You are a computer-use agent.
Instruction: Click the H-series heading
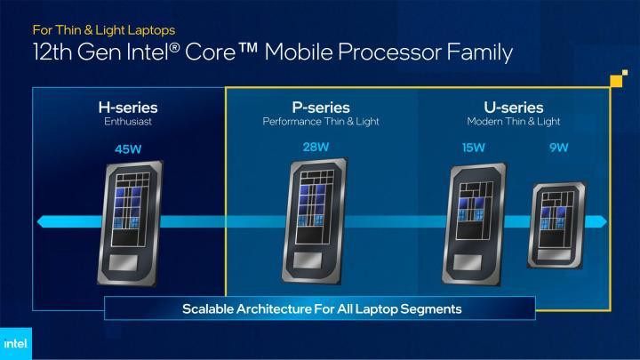(x=127, y=108)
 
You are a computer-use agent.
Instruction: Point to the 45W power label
(x=128, y=148)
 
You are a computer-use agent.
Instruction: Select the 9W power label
(x=559, y=148)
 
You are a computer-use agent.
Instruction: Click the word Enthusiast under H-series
(x=127, y=122)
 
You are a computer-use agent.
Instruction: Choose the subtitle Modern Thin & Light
(x=514, y=121)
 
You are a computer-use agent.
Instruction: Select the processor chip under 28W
(x=318, y=219)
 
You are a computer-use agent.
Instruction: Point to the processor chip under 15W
(x=480, y=217)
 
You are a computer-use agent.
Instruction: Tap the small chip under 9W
(x=557, y=225)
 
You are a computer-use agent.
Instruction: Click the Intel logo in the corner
(x=15, y=342)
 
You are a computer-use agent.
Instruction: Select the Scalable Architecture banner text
(x=321, y=308)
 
